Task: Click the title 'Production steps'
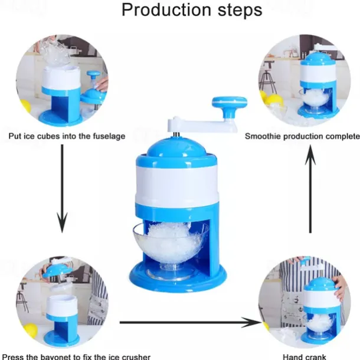183,11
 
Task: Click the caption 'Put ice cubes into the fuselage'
67,136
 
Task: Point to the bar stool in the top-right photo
270,80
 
